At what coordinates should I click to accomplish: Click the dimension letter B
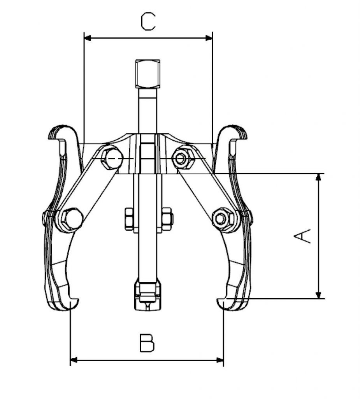[x=147, y=343]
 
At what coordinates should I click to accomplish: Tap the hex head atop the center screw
[x=148, y=74]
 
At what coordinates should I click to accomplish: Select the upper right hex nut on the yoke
[x=182, y=158]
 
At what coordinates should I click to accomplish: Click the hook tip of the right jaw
[x=220, y=302]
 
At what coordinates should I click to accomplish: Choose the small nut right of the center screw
[x=167, y=218]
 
